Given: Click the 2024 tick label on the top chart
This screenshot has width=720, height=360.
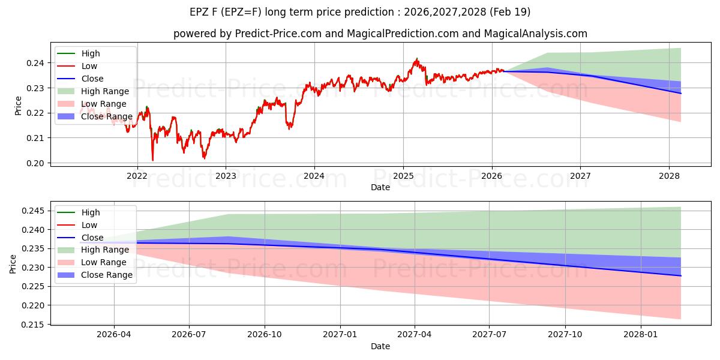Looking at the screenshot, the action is tap(314, 176).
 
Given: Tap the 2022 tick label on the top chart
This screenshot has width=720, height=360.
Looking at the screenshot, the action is tap(137, 176).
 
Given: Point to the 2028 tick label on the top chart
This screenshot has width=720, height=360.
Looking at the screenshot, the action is tap(669, 176).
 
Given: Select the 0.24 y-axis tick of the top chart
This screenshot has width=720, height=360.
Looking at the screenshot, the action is tap(35, 63).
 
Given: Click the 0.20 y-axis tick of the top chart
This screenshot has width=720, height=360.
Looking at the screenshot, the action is tap(35, 163).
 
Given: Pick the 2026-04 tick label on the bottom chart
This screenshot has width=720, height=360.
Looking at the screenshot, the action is tap(114, 335).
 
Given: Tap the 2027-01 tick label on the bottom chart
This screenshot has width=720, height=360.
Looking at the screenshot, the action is tap(340, 335).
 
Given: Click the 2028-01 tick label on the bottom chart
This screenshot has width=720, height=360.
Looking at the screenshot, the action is tap(641, 335).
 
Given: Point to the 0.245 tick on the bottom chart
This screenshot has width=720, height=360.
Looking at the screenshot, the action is tap(33, 211).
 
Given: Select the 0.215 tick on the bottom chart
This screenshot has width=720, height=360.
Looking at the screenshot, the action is tap(33, 325).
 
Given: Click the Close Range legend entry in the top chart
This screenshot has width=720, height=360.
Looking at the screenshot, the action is tap(95, 116).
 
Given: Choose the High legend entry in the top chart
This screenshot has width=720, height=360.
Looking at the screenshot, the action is tap(79, 53).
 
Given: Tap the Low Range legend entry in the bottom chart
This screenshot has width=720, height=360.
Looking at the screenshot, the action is tap(92, 262).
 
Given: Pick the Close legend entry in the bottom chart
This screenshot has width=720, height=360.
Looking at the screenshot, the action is tap(80, 238).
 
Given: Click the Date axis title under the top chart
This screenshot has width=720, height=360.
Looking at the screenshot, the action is tap(380, 187).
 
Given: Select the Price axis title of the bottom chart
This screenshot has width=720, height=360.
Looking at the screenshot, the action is tap(13, 264).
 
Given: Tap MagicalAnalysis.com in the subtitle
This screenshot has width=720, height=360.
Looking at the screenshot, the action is tap(535, 34).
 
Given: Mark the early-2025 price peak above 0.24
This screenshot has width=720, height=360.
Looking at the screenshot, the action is tap(417, 59).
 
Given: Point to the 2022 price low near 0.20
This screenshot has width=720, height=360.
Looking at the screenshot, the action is tap(152, 160).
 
